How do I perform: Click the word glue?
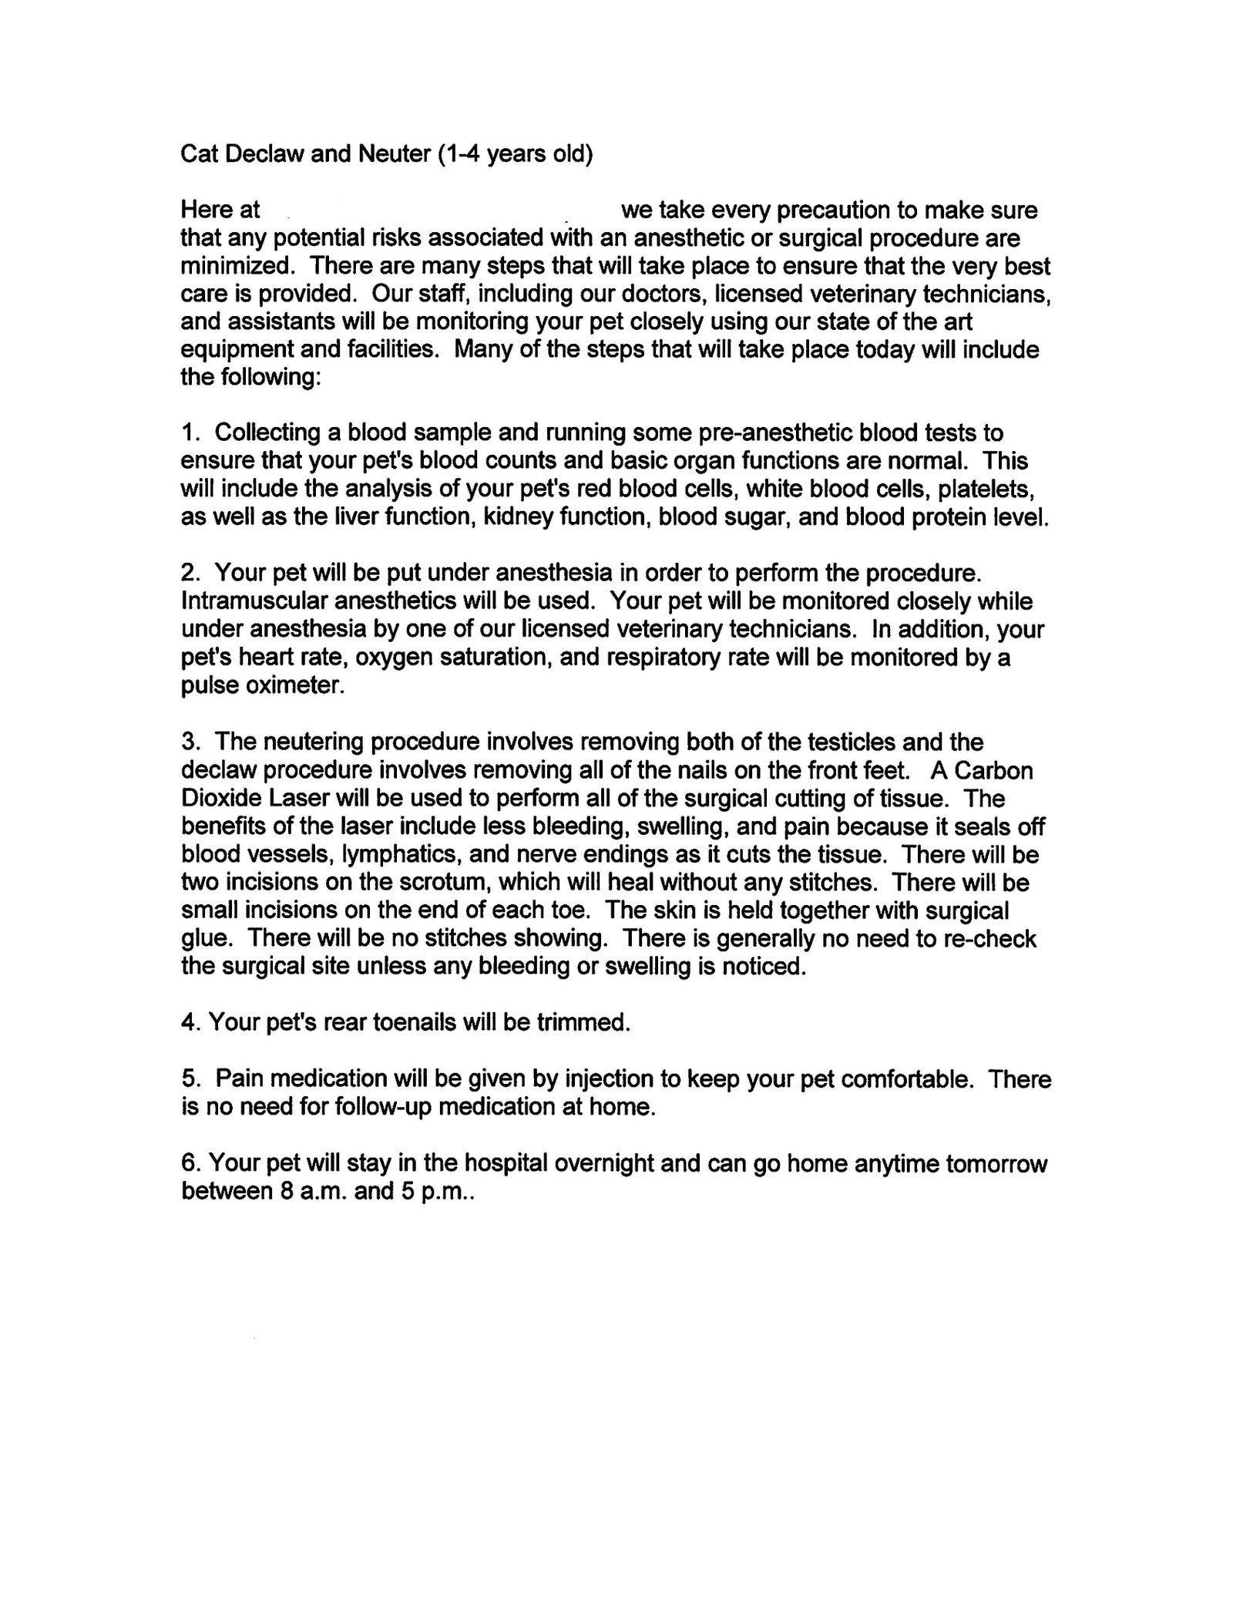point(203,938)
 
